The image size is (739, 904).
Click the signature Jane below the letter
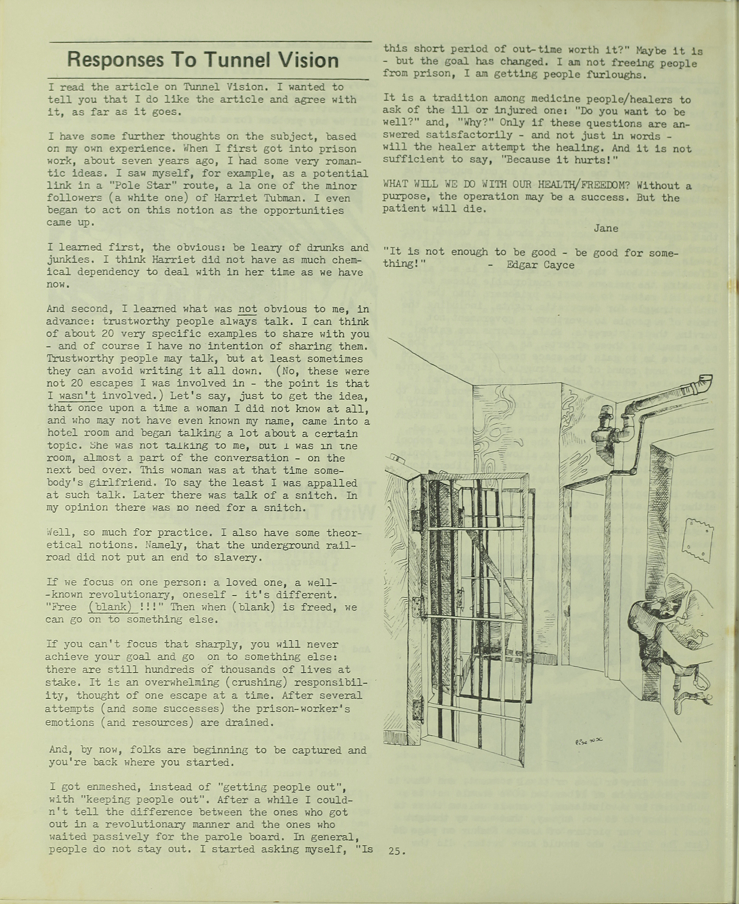click(605, 228)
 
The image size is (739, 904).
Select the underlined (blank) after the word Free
click(109, 607)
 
